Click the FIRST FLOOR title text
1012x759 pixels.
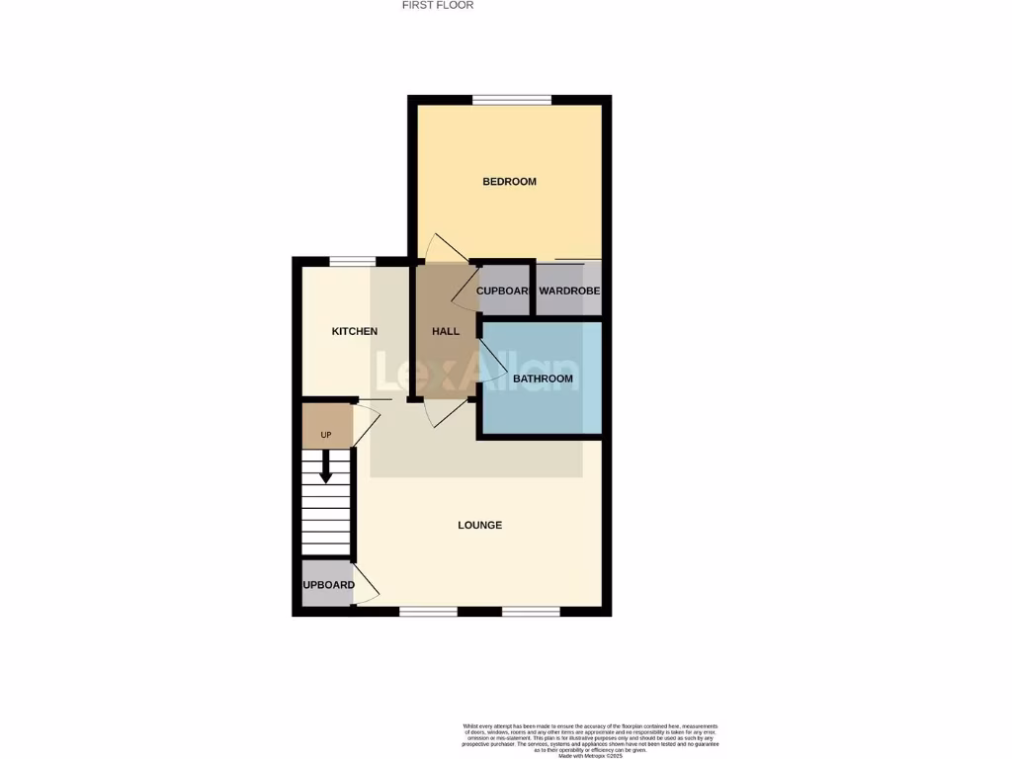point(438,5)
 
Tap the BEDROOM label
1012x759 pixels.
point(509,181)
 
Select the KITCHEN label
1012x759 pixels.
point(354,331)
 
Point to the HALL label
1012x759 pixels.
point(446,331)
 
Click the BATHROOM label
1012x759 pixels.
point(543,379)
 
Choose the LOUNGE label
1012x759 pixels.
point(480,525)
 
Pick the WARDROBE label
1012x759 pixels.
point(569,291)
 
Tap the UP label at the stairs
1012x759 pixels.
point(325,435)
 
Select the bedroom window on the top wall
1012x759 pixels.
point(511,99)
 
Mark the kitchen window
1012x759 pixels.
point(352,261)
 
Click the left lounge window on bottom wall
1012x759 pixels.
point(428,612)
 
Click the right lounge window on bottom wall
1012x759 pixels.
point(531,612)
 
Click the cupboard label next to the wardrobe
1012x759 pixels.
point(503,291)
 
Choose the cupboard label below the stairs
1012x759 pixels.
point(328,585)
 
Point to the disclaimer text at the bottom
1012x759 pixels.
point(590,737)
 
